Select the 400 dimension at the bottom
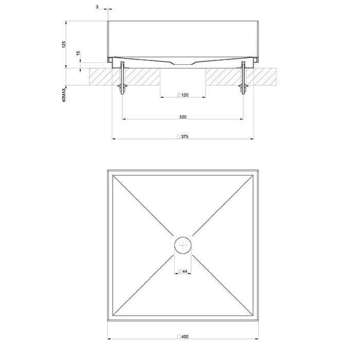185,336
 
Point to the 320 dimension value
183,117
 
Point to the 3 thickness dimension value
97,7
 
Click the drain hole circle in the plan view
183,245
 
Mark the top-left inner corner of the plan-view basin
113,176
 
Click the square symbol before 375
178,137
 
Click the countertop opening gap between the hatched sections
183,77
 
